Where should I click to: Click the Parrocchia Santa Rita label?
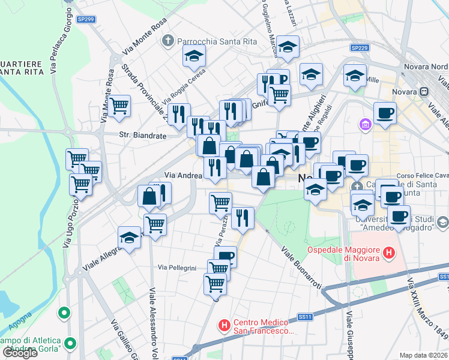207,41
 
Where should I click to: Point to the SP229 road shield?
359,47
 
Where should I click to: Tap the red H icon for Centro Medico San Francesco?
224,326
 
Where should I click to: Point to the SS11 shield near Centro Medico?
305,317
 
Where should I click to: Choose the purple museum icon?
365,124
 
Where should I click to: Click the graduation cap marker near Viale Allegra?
129,238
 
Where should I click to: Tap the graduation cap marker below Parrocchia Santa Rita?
194,56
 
